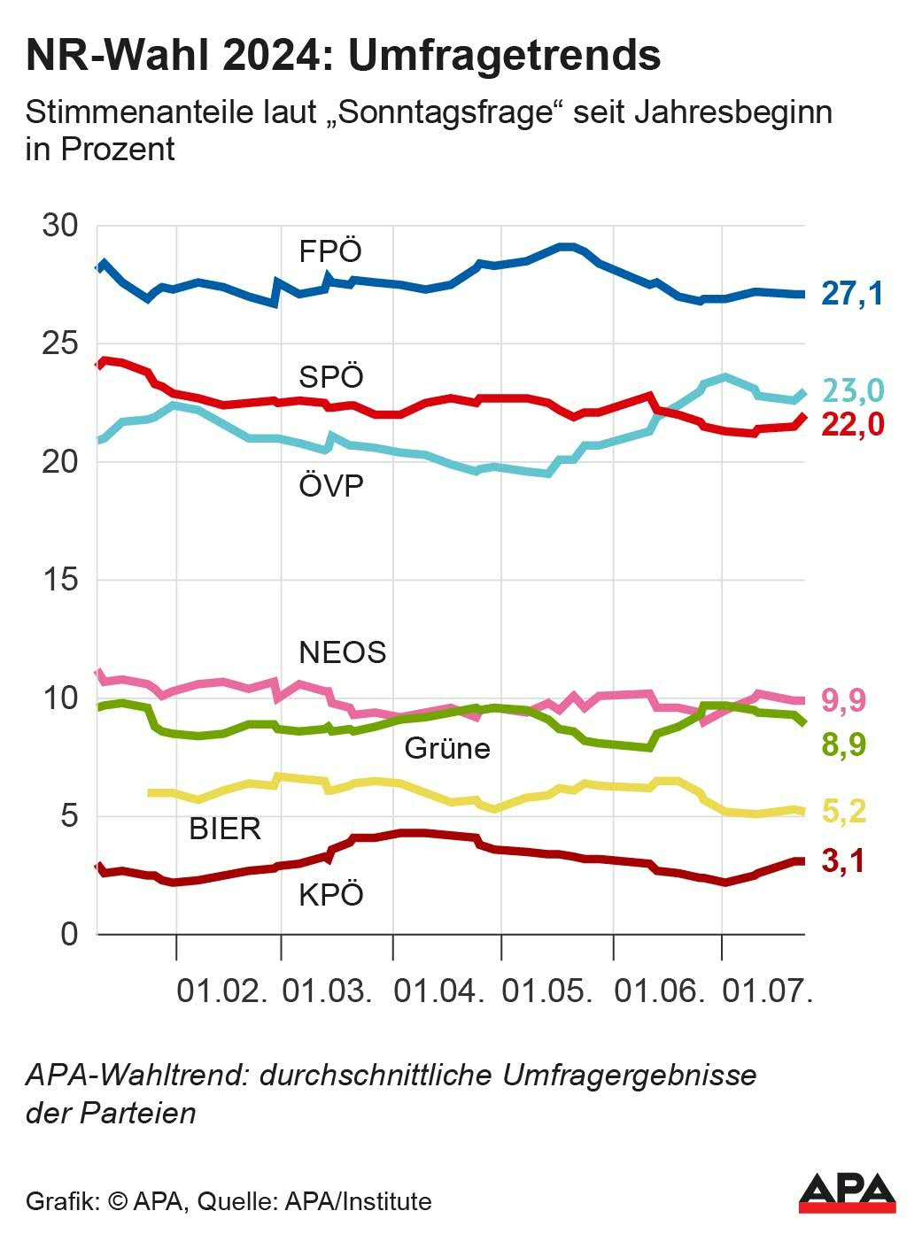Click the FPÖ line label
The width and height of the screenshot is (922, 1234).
pos(330,251)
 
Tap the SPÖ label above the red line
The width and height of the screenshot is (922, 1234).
pos(331,377)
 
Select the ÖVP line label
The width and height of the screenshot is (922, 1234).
pos(331,486)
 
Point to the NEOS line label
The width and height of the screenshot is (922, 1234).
pos(343,652)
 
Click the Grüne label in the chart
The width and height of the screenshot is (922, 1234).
pos(447,748)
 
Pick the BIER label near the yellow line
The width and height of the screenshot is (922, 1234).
pos(225,829)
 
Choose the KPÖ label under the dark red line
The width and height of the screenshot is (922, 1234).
pos(331,895)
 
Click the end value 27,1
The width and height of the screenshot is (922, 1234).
pos(852,293)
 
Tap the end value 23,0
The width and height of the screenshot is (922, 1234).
pos(853,390)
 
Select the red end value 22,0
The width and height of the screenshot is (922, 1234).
pos(852,425)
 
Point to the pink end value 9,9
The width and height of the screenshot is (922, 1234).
pos(844,700)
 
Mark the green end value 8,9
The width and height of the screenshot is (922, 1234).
pos(844,744)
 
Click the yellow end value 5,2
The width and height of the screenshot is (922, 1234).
pos(844,811)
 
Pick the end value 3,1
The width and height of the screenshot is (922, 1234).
pos(843,860)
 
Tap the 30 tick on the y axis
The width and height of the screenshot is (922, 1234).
pos(60,226)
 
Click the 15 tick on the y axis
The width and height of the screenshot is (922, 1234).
pos(60,580)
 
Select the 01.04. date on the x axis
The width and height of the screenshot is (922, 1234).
pos(439,991)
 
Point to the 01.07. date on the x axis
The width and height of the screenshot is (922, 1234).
pos(767,991)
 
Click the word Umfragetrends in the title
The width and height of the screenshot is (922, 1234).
pos(504,56)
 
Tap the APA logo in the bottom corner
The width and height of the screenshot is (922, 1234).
pos(847,1194)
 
